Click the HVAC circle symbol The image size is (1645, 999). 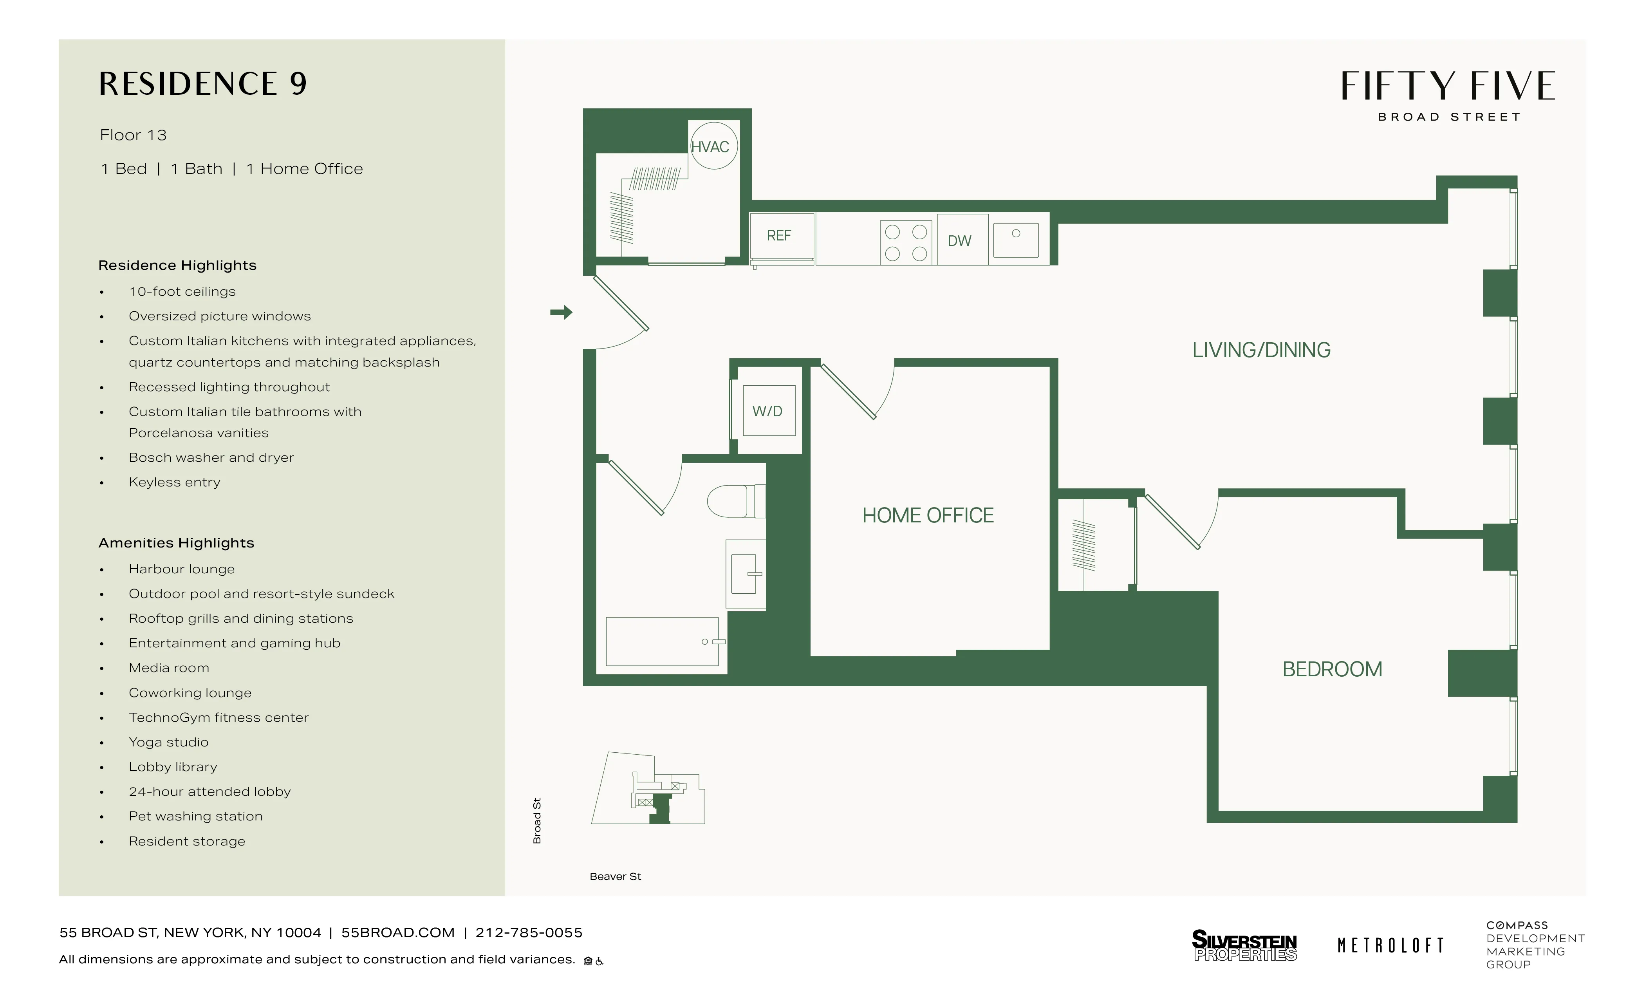(713, 146)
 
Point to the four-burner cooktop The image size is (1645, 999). (906, 242)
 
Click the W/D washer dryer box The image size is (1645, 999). (768, 411)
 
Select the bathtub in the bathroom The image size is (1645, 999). (662, 642)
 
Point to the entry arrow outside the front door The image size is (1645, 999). (561, 312)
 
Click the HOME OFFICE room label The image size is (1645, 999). (927, 515)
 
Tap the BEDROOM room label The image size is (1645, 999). (1332, 669)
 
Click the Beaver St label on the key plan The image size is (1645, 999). (615, 876)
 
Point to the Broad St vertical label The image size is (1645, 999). (537, 821)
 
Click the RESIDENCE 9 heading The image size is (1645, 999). (203, 84)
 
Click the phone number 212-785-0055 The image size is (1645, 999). (529, 932)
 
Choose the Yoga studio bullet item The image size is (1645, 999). (169, 742)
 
